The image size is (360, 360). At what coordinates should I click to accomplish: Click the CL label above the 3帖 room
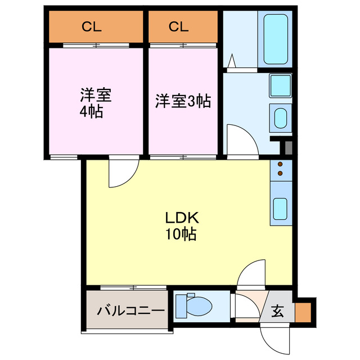(178, 26)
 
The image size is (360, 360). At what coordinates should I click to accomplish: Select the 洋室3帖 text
(183, 101)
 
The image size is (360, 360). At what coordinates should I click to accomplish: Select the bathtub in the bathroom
(275, 39)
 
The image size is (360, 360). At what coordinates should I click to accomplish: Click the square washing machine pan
(279, 85)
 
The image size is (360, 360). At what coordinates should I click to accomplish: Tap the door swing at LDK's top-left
(121, 173)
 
